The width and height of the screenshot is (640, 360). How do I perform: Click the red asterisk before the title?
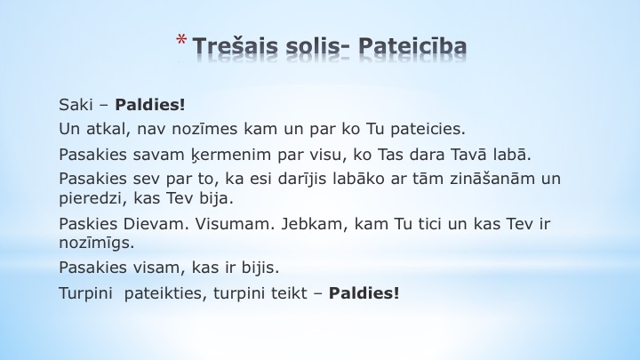[x=181, y=40]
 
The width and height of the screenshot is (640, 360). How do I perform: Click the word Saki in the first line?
[x=76, y=105]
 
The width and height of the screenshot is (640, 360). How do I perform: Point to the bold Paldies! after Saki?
[x=150, y=105]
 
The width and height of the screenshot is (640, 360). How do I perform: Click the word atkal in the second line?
[x=108, y=129]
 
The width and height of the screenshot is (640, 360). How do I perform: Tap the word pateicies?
[x=428, y=130]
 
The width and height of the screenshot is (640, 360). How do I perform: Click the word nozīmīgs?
[x=97, y=244]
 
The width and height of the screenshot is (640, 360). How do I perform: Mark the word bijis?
[x=260, y=268]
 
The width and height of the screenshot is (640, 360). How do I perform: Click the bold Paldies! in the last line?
[x=364, y=293]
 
